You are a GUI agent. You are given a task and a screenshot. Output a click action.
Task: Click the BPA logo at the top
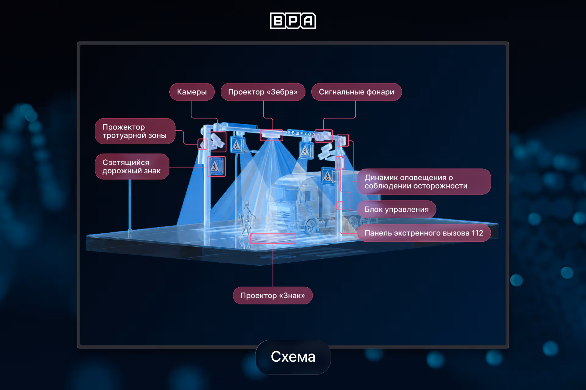click(293, 21)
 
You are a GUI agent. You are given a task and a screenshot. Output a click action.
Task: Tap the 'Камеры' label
click(192, 92)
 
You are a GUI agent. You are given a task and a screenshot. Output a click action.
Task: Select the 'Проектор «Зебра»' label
click(263, 92)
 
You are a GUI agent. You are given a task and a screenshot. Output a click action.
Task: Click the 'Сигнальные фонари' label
click(356, 92)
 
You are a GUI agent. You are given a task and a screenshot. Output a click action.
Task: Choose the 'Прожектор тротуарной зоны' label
click(135, 131)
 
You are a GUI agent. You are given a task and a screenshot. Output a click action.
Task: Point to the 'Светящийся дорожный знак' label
click(132, 166)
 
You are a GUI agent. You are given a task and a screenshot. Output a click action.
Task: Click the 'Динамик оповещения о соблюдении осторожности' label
click(424, 182)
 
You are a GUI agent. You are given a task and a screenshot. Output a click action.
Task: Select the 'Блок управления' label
click(396, 209)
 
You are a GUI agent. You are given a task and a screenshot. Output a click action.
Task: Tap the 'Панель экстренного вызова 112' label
click(424, 233)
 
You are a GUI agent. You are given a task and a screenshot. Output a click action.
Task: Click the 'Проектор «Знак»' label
click(273, 296)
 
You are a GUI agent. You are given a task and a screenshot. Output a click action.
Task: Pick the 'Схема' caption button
click(293, 357)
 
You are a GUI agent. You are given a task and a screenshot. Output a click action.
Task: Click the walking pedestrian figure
click(247, 218)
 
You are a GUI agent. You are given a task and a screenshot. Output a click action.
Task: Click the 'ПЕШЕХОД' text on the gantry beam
click(301, 133)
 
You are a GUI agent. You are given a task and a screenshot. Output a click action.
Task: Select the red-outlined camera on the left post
click(217, 142)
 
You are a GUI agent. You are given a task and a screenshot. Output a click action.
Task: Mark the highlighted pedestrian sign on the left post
click(216, 166)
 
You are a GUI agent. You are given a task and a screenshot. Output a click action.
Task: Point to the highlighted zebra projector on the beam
click(271, 135)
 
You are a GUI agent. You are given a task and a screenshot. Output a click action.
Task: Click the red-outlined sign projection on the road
click(273, 238)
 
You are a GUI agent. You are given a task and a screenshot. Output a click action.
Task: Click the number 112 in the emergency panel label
click(477, 233)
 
